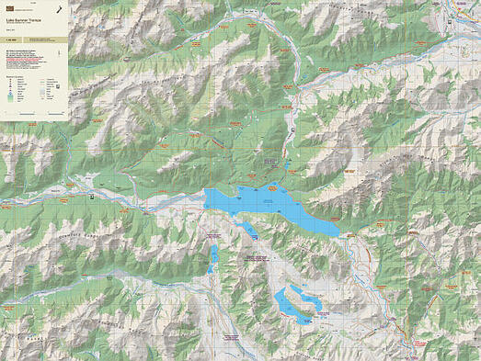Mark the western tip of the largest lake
[205, 197]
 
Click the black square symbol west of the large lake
[94, 196]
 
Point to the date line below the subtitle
[22, 29]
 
